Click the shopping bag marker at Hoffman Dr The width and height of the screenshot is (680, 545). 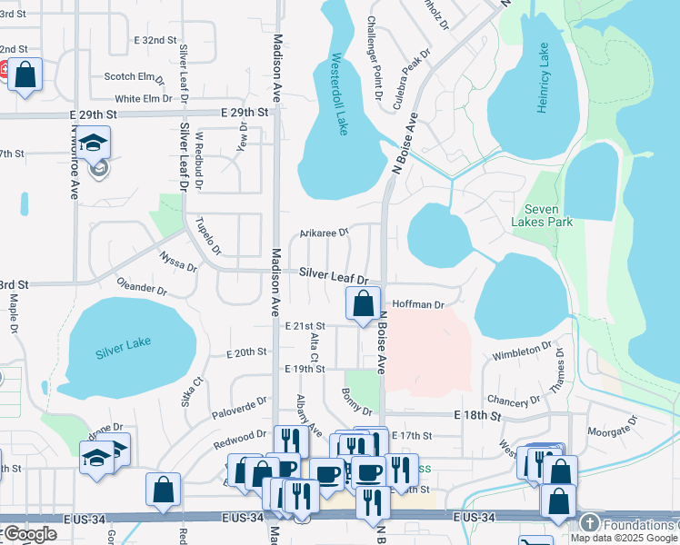point(363,302)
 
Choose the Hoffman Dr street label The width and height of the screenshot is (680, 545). point(417,305)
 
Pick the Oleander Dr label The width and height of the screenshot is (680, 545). point(142,289)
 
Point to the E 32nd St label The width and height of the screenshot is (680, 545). point(154,41)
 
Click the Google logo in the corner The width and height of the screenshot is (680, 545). point(30,534)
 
